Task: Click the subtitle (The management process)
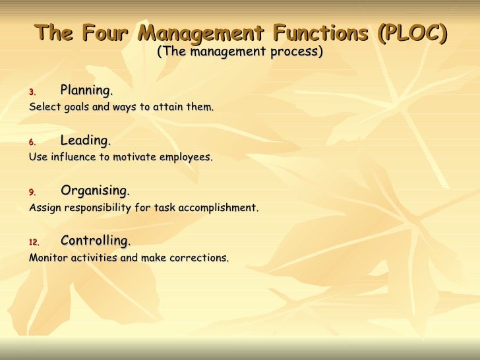pos(240,51)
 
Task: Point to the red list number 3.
pos(32,92)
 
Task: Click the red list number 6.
pos(32,142)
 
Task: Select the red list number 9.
pos(32,193)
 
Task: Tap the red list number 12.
pos(34,243)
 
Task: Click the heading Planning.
pos(86,90)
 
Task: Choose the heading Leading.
pos(85,140)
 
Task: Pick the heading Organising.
pos(95,191)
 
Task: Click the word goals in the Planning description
pos(78,107)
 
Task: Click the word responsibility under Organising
pos(94,208)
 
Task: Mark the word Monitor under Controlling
pos(48,258)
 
